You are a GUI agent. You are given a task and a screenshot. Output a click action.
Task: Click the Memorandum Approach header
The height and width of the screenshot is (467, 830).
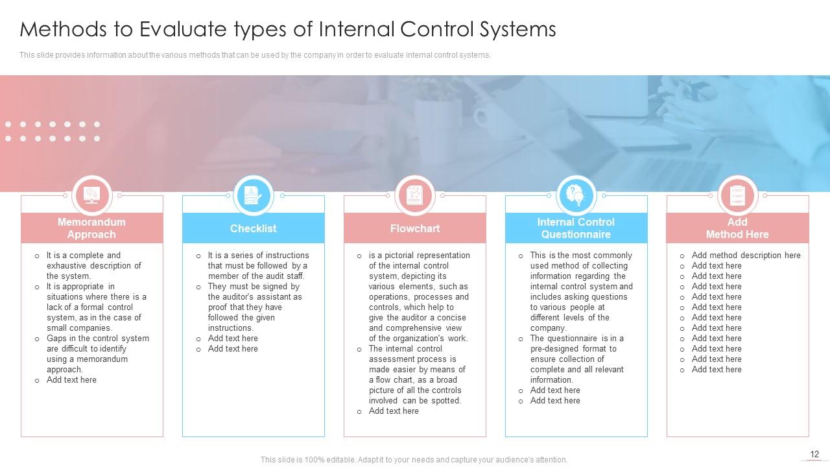91,228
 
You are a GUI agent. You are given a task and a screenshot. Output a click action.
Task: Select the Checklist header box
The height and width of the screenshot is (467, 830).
253,228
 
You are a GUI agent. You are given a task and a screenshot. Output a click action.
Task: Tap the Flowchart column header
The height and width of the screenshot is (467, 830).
415,228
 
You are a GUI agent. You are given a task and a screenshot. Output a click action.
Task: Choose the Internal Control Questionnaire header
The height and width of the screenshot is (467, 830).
576,228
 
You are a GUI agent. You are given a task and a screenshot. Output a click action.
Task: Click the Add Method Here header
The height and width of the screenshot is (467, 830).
737,228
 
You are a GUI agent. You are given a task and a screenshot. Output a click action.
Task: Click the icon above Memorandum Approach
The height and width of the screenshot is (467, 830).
91,195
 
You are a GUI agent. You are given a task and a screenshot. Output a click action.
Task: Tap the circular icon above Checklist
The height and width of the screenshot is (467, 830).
253,195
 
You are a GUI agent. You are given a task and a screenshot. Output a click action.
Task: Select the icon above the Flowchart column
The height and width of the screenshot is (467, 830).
414,195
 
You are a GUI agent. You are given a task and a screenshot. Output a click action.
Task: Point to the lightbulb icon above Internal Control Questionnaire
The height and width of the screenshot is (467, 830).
576,195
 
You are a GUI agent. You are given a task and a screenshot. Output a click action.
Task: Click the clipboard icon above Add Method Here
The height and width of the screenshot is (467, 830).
737,195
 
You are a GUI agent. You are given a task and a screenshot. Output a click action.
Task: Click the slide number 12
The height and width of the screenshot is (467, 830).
814,454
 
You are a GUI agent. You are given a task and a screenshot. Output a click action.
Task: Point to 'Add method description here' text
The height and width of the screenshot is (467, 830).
746,256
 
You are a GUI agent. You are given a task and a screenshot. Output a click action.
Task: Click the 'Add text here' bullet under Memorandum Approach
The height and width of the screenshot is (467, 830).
71,380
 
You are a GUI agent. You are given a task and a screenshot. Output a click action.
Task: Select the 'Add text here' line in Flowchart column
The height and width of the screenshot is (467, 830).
394,411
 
